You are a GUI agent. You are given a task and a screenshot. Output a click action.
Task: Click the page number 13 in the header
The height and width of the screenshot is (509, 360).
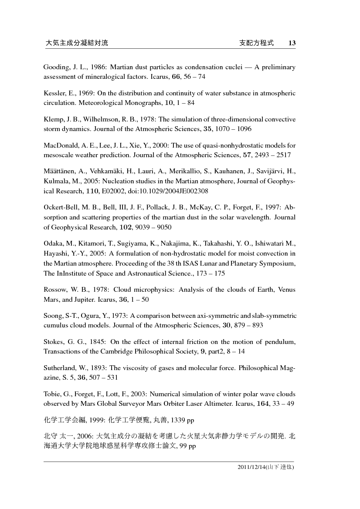coord(292,43)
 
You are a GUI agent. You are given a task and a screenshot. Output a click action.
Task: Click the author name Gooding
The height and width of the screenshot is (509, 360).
coord(54,67)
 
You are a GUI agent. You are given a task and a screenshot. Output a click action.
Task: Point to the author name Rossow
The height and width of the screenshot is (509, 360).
coord(54,290)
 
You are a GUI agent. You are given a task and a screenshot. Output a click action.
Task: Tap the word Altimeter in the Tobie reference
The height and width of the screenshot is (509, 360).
coord(228,404)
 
